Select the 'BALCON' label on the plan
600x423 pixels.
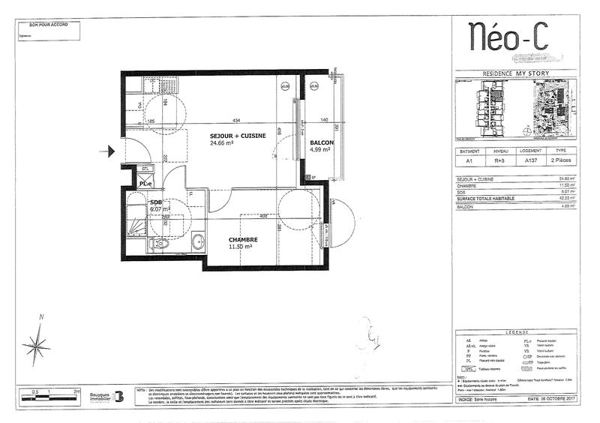tap(321, 142)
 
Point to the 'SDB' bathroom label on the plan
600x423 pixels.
tap(156, 203)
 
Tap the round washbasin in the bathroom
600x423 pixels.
tap(197, 241)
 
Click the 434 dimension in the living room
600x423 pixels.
tap(236, 121)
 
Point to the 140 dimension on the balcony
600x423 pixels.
tap(325, 121)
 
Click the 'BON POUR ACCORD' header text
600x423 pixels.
tap(48, 25)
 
